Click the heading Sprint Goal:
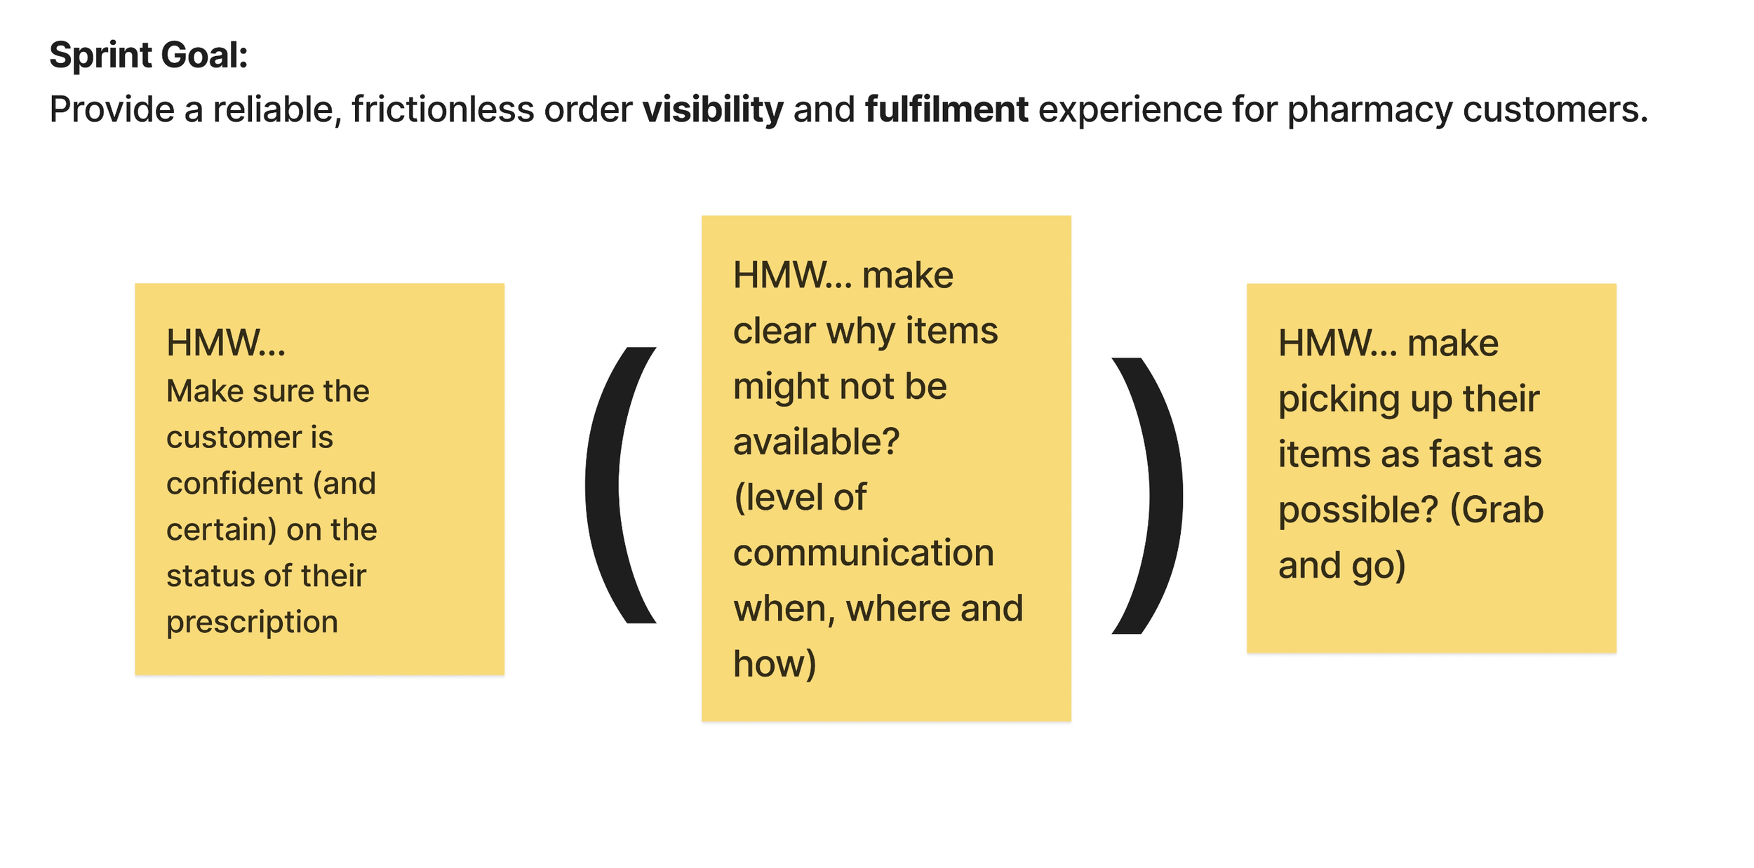(149, 55)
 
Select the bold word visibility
(713, 110)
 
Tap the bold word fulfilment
(946, 109)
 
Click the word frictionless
(443, 109)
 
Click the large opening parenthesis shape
(620, 485)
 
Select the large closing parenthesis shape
(1148, 496)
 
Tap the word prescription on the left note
(253, 623)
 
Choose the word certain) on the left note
(221, 530)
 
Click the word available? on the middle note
(817, 442)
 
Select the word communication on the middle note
(864, 552)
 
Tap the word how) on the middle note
(775, 665)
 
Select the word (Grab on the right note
(1497, 510)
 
